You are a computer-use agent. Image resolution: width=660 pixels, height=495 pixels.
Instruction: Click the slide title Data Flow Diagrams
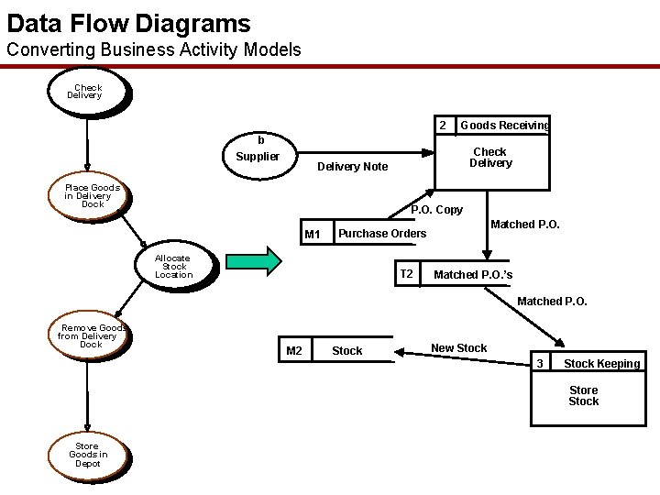pyautogui.click(x=128, y=22)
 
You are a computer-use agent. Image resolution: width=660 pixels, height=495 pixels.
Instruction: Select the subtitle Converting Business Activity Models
pyautogui.click(x=153, y=49)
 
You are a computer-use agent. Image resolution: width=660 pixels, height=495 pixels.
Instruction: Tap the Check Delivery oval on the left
pyautogui.click(x=87, y=92)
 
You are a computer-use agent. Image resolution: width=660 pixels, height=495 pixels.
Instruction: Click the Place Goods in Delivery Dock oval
pyautogui.click(x=92, y=196)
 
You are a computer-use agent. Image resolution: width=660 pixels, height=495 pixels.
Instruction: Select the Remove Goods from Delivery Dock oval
pyautogui.click(x=91, y=336)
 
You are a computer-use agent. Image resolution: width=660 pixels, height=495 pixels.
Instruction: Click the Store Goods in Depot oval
pyautogui.click(x=88, y=455)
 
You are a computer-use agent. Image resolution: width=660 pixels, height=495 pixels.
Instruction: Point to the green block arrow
pyautogui.click(x=254, y=261)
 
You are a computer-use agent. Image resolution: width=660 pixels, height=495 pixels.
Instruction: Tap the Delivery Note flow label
pyautogui.click(x=352, y=167)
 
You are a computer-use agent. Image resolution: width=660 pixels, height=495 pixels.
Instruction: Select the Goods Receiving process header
pyautogui.click(x=504, y=126)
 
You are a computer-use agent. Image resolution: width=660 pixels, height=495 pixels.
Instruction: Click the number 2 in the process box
pyautogui.click(x=442, y=125)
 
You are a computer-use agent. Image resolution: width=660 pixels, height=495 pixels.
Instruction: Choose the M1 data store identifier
pyautogui.click(x=313, y=235)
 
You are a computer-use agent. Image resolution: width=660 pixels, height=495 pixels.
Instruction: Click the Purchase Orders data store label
pyautogui.click(x=382, y=234)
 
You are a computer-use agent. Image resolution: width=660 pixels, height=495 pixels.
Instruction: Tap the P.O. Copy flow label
pyautogui.click(x=436, y=210)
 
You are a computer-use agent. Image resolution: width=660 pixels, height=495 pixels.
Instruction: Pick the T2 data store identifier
pyautogui.click(x=407, y=274)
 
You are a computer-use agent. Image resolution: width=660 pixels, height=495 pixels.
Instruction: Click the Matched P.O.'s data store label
pyautogui.click(x=473, y=275)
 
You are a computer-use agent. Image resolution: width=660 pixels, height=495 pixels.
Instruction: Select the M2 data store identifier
pyautogui.click(x=294, y=351)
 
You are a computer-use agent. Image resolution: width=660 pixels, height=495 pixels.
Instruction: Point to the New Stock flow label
pyautogui.click(x=459, y=348)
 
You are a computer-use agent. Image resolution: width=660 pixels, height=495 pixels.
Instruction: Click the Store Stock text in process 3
pyautogui.click(x=584, y=396)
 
